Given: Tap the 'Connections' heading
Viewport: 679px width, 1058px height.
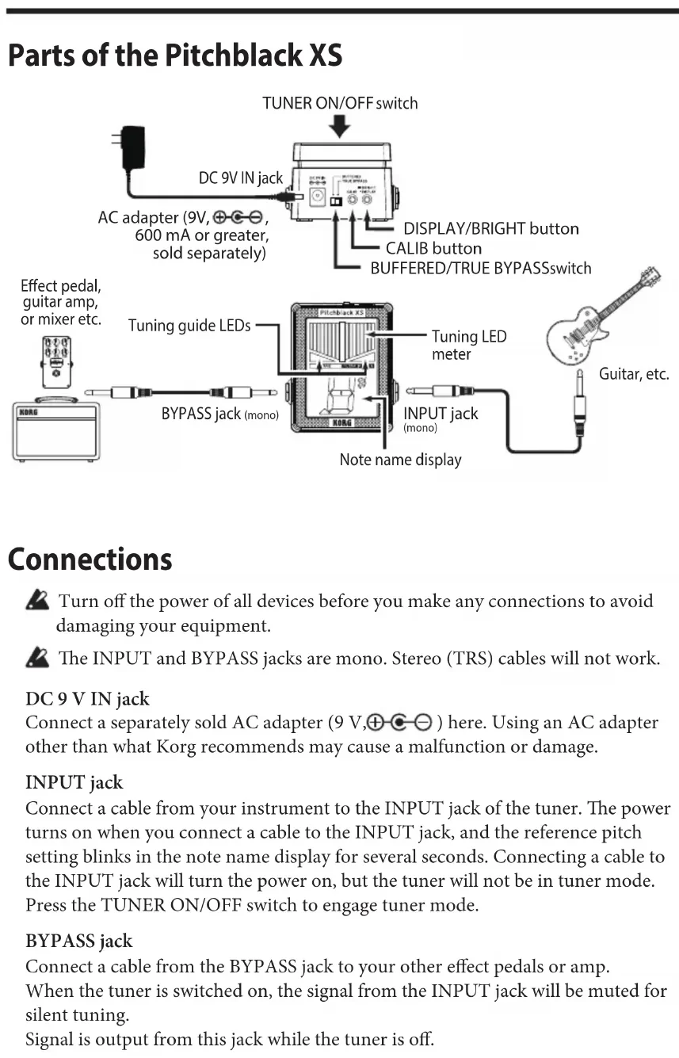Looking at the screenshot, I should tap(90, 559).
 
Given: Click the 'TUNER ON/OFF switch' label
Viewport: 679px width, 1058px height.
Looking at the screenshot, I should tap(340, 103).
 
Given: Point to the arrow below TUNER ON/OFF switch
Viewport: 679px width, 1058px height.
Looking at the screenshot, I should tap(340, 125).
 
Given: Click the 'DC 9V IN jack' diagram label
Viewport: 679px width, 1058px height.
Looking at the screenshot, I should tap(240, 178).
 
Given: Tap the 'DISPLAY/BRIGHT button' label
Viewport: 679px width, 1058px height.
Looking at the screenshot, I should tap(491, 228).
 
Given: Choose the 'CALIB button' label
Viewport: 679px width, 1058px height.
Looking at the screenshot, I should tap(433, 248).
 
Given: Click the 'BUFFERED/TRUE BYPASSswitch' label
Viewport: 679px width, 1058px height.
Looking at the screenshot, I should tap(481, 268).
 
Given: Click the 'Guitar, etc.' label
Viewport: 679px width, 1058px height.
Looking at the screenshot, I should tap(634, 373).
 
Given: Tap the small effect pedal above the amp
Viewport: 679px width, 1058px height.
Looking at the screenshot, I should tap(55, 361).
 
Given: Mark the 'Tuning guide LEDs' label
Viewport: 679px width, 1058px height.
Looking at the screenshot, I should tap(189, 325).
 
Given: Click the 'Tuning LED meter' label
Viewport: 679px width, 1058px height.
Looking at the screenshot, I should tap(468, 346).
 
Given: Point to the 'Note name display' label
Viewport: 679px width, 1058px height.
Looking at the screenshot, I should tap(400, 460).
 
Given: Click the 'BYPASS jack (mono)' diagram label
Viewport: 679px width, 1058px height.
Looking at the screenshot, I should tap(219, 414).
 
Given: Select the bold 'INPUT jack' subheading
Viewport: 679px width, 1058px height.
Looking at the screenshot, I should tap(74, 783).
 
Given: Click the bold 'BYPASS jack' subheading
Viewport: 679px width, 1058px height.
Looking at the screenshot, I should tap(79, 942).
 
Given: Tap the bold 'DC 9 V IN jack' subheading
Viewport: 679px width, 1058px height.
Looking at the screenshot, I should tap(87, 699).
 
